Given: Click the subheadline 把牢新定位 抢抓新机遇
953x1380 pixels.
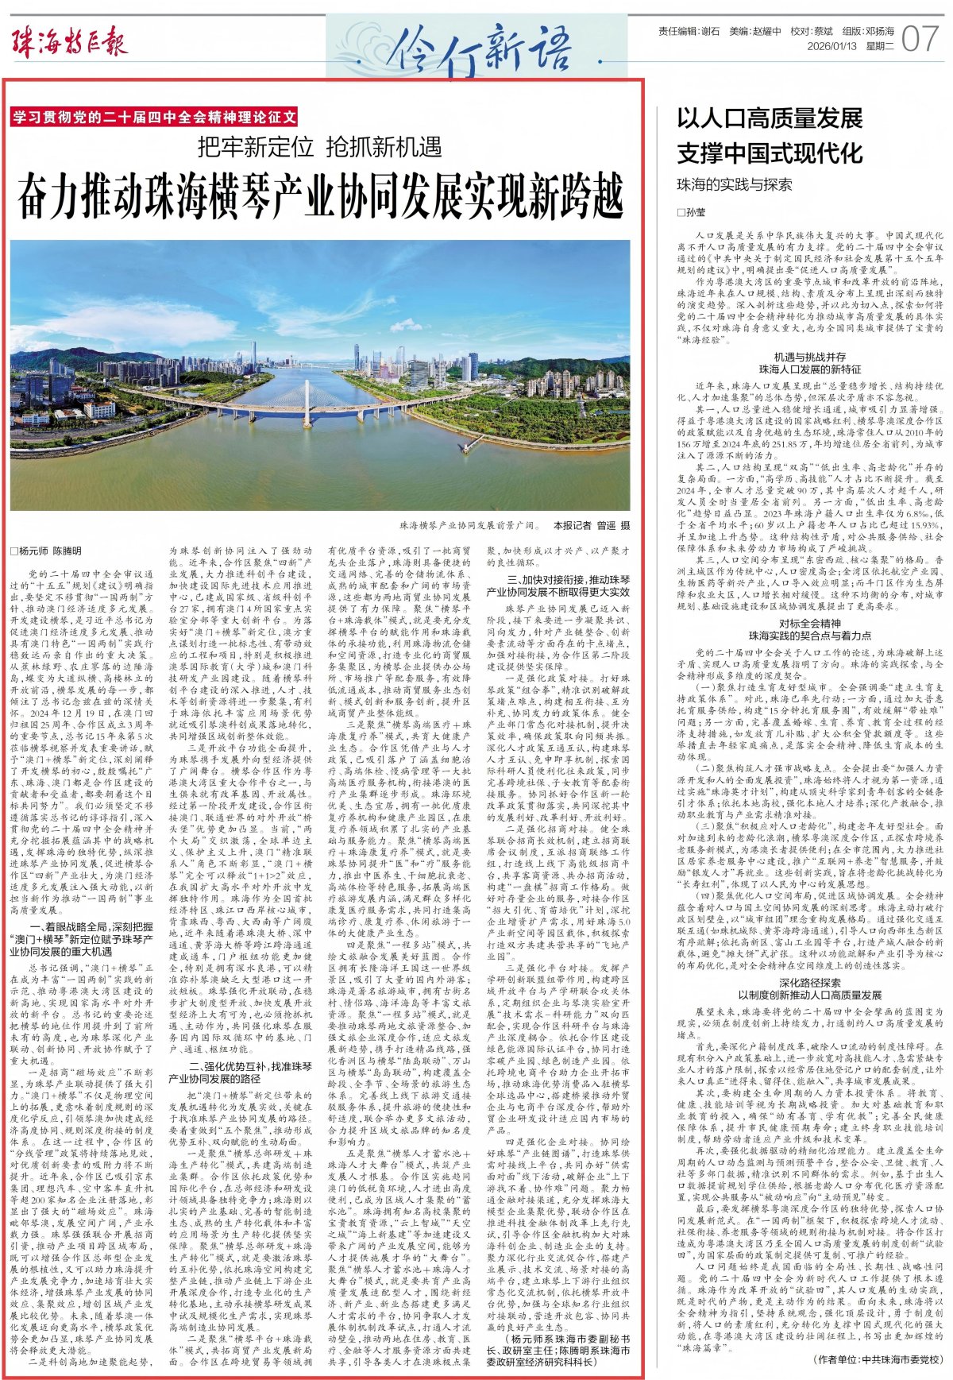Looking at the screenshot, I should point(320,147).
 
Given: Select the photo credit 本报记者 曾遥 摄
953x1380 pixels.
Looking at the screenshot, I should point(592,525).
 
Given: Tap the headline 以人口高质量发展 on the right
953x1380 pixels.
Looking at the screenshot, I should point(770,119).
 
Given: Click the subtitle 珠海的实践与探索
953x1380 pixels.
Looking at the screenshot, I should point(734,184).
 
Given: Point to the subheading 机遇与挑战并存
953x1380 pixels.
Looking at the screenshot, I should point(810,357).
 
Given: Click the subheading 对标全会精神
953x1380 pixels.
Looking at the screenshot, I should point(810,624).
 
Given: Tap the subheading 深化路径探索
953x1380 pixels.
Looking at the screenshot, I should point(810,983).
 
